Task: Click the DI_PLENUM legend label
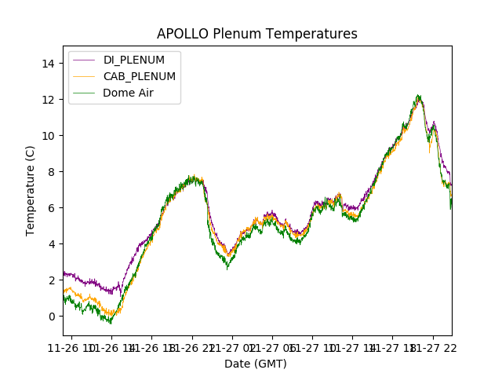click(134, 60)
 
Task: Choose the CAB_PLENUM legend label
click(140, 76)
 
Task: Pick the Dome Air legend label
click(129, 93)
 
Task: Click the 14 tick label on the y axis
click(51, 64)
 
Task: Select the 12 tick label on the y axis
click(51, 100)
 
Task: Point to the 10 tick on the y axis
click(51, 136)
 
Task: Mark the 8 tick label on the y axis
click(54, 172)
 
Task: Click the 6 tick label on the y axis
click(54, 208)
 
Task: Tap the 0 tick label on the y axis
click(54, 317)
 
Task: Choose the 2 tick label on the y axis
click(54, 280)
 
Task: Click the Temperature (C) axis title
click(31, 190)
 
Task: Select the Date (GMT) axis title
click(256, 364)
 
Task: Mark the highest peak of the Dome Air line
click(418, 96)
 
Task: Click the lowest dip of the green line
click(111, 323)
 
